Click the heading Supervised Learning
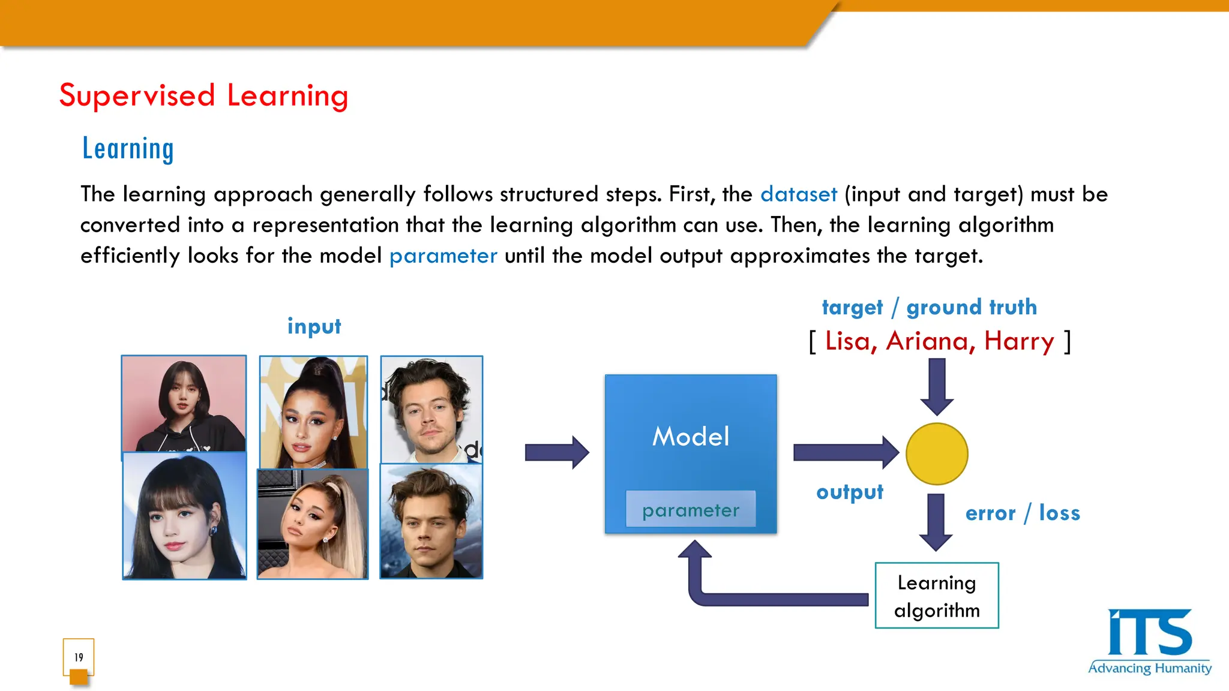pyautogui.click(x=203, y=96)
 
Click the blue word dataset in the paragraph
pyautogui.click(x=798, y=194)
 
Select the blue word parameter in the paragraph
pyautogui.click(x=443, y=256)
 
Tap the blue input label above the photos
pyautogui.click(x=314, y=326)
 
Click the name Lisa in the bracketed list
pyautogui.click(x=847, y=341)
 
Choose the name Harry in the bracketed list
pyautogui.click(x=1018, y=341)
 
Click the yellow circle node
pyautogui.click(x=936, y=454)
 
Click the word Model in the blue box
pyautogui.click(x=691, y=437)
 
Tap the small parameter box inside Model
pyautogui.click(x=690, y=510)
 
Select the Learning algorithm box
pyautogui.click(x=936, y=596)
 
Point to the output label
pyautogui.click(x=849, y=492)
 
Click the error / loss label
pyautogui.click(x=1022, y=513)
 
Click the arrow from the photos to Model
pyautogui.click(x=556, y=452)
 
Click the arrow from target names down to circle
pyautogui.click(x=936, y=386)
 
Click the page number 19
pyautogui.click(x=79, y=657)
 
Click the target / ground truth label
pyautogui.click(x=929, y=307)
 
